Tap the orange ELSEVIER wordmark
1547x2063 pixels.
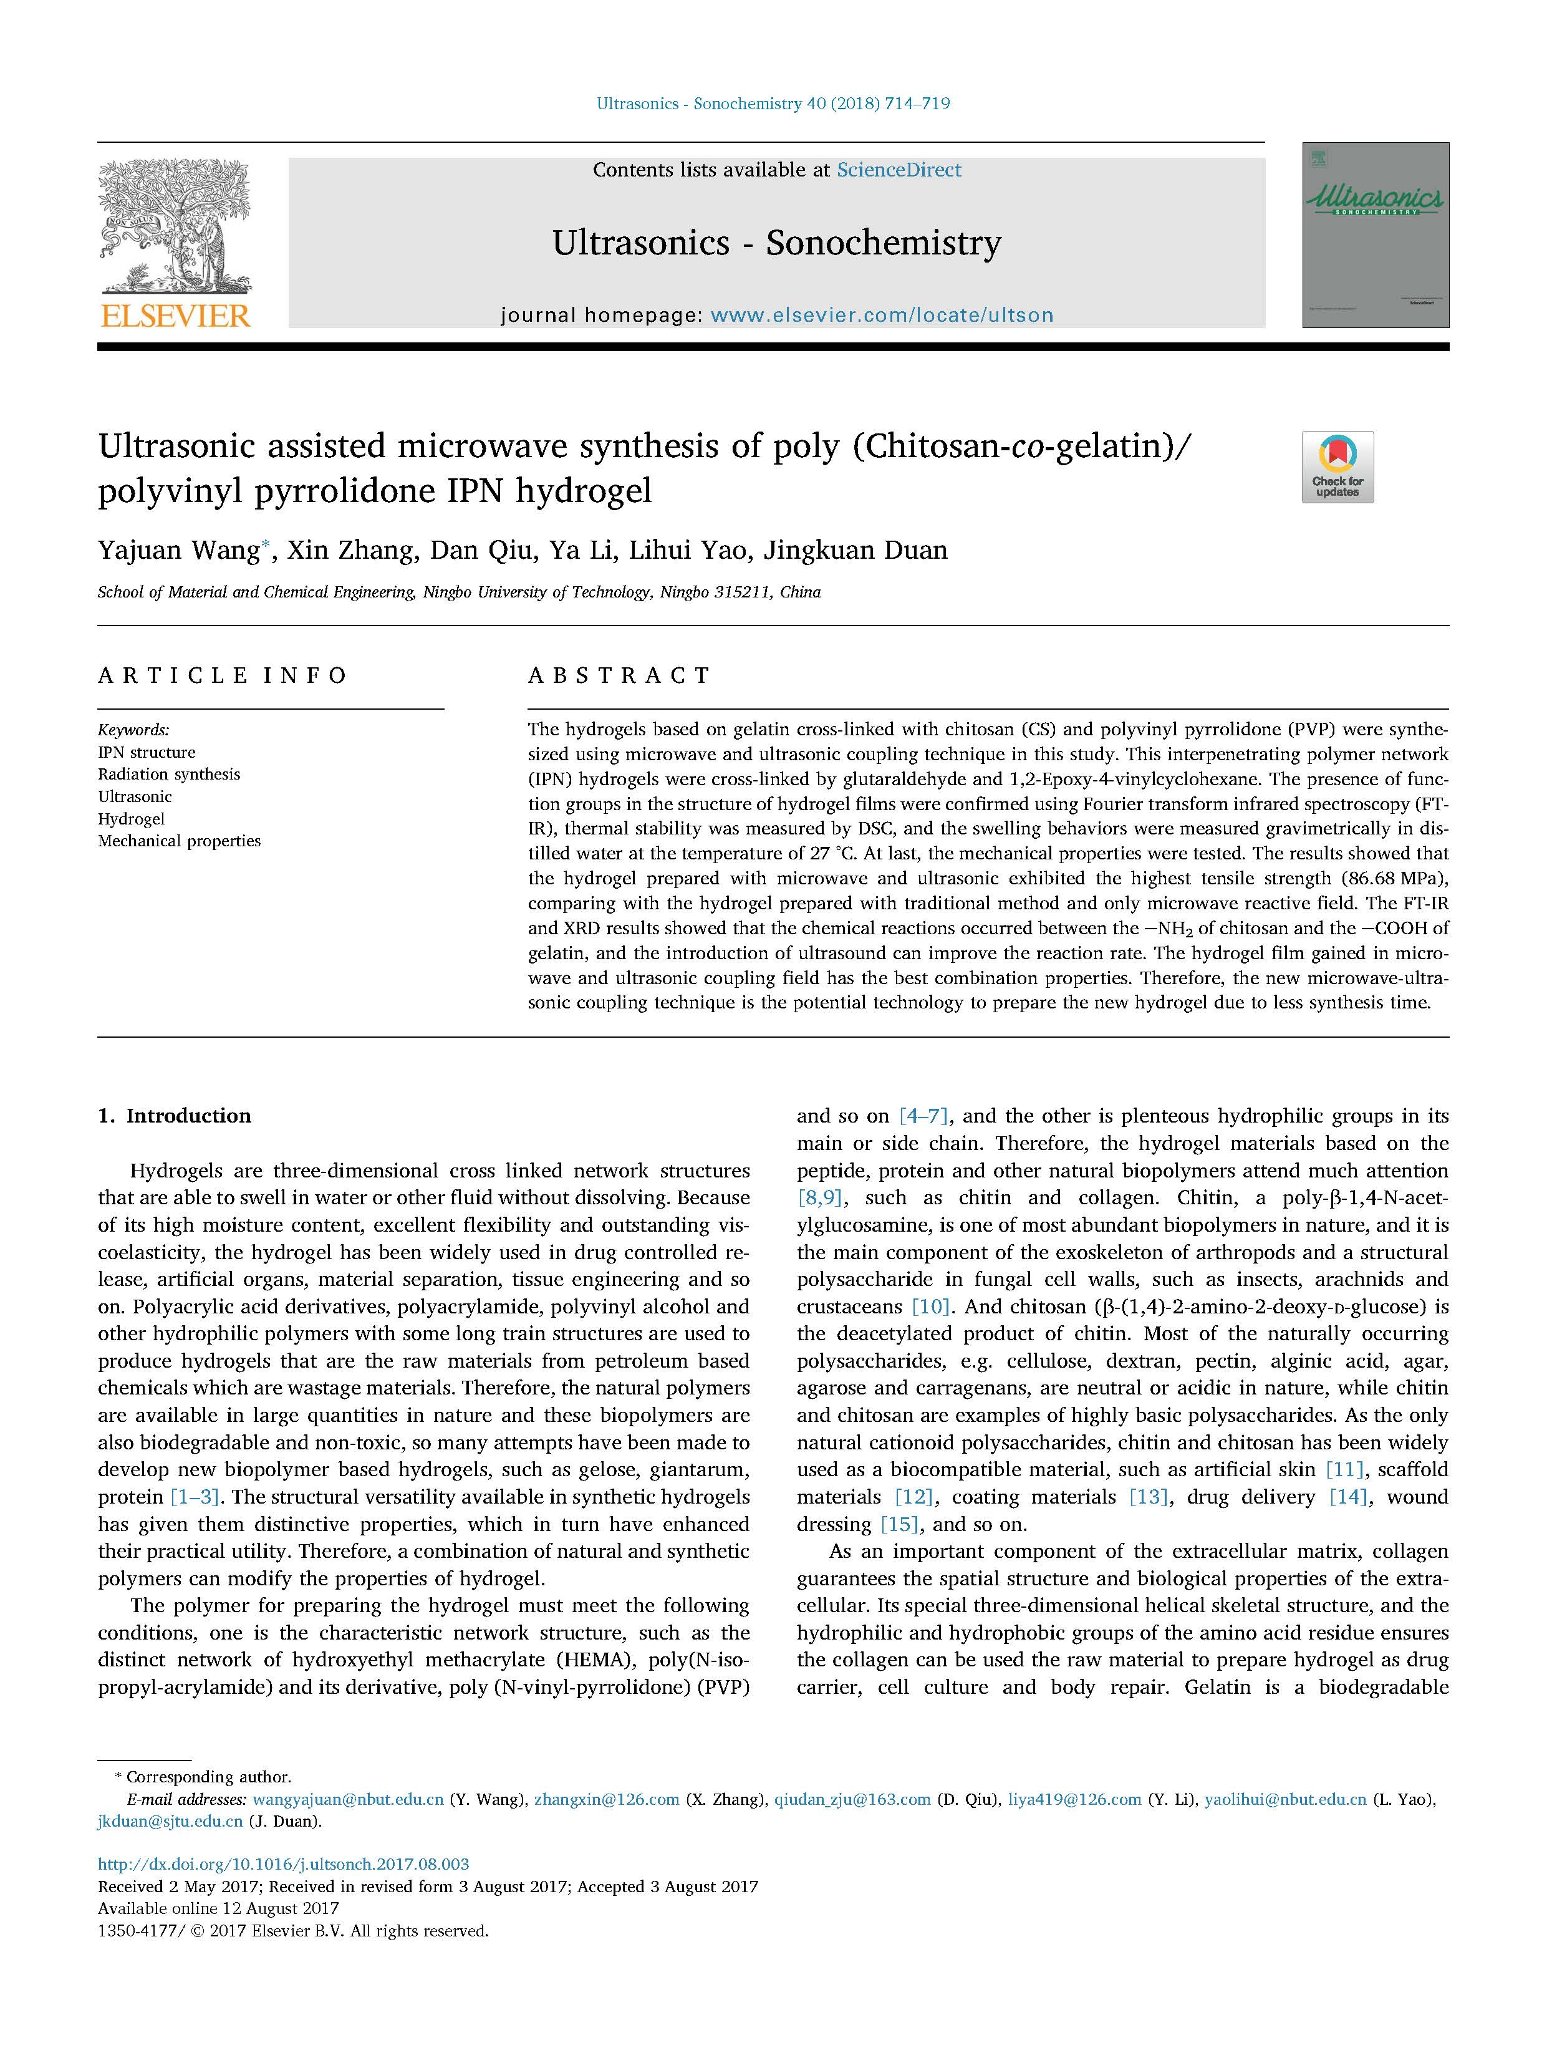tap(175, 316)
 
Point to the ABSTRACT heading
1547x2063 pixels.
tap(619, 675)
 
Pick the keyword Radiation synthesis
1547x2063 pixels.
tap(169, 774)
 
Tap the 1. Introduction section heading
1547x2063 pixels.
tap(175, 1116)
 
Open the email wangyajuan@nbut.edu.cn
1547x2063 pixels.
tap(348, 1799)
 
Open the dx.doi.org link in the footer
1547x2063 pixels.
tap(284, 1864)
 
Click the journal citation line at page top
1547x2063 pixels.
tap(773, 104)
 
